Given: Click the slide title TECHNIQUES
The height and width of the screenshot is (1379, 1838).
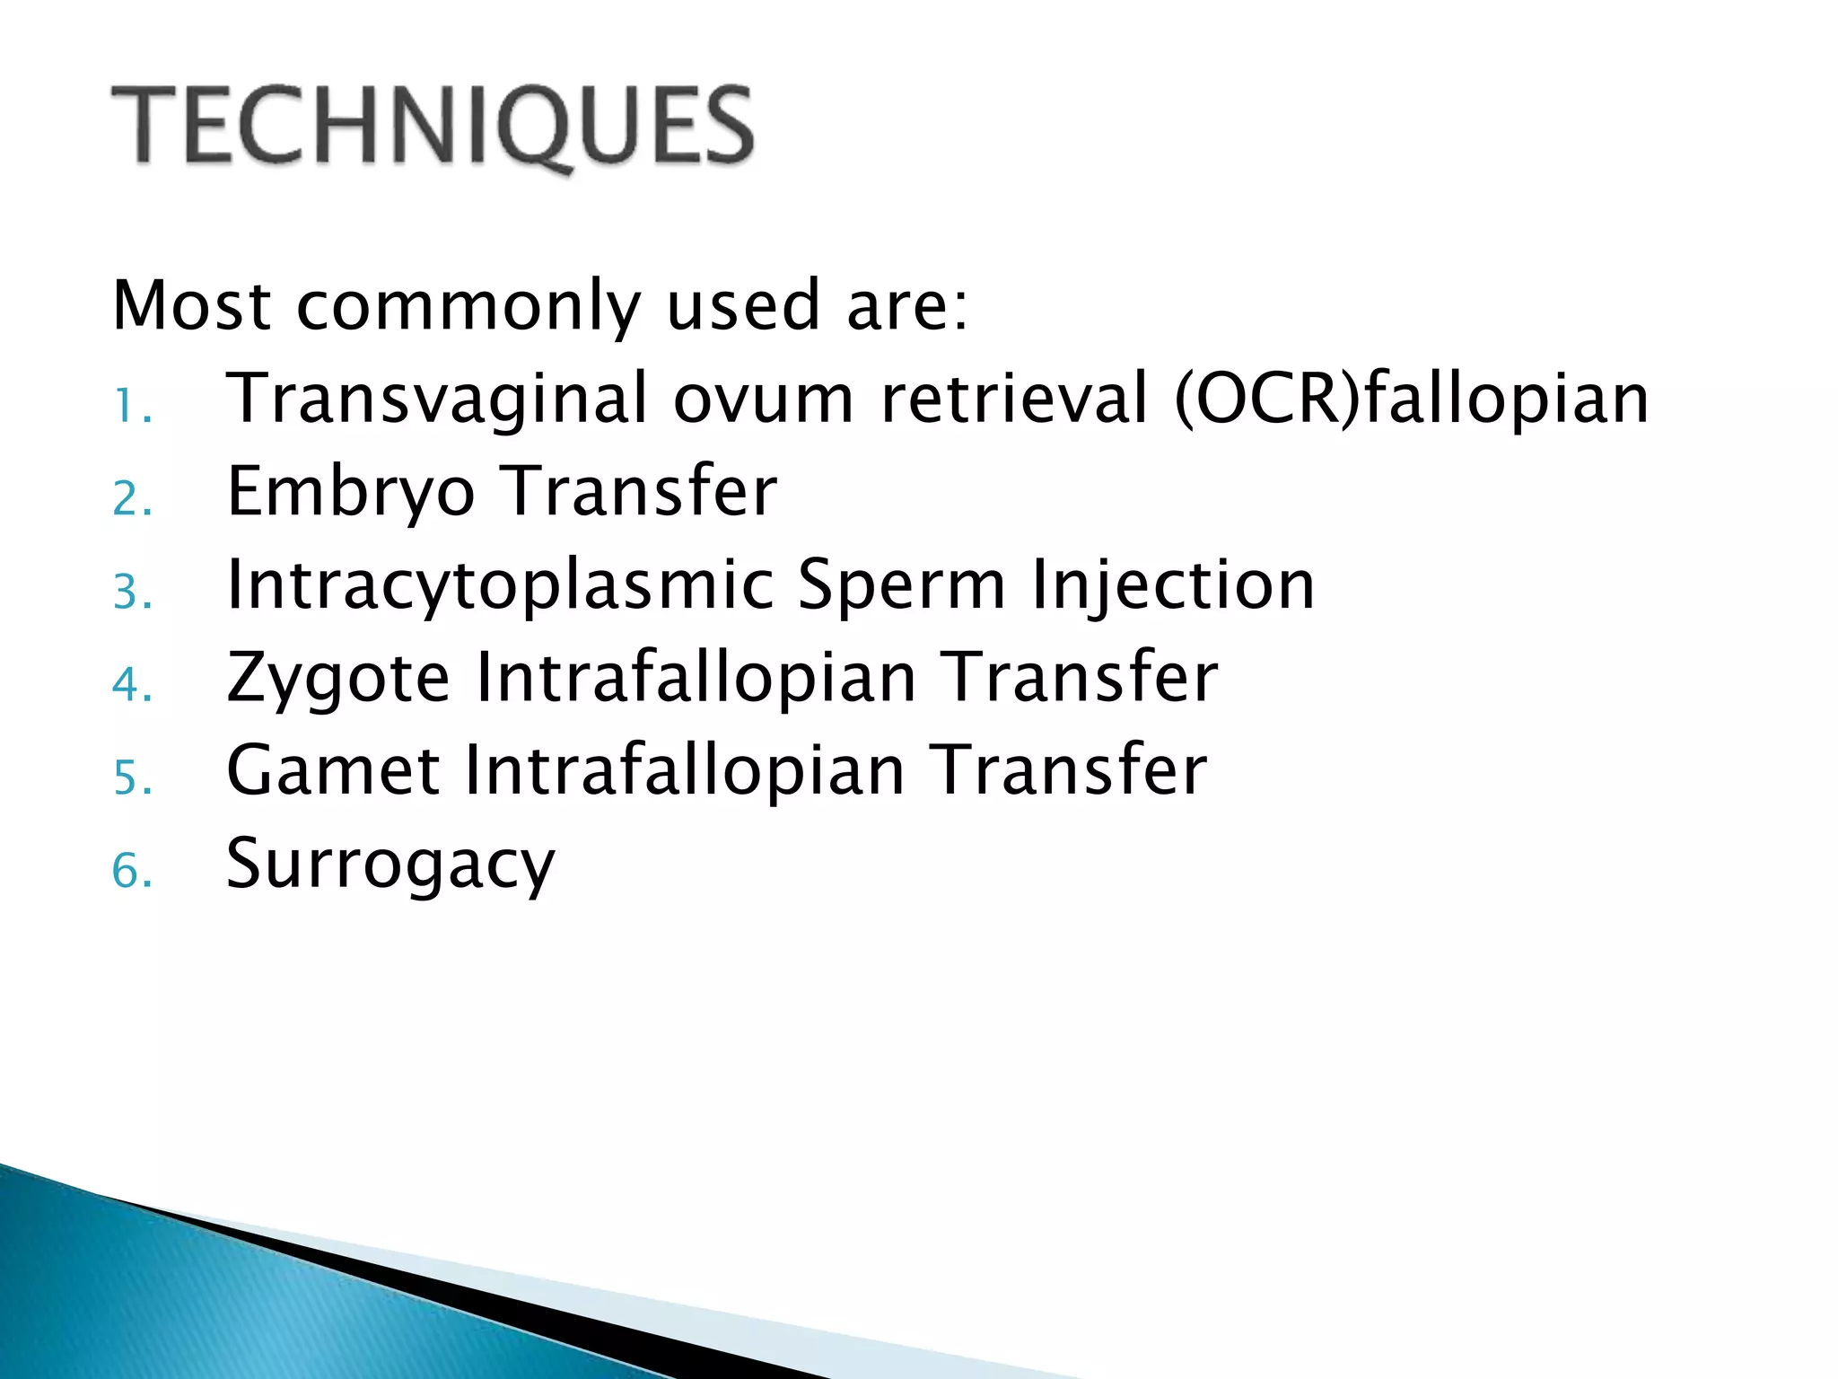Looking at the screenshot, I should click(433, 126).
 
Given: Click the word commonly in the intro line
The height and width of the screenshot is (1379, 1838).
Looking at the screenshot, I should click(468, 306).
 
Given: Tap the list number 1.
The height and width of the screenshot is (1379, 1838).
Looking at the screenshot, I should click(131, 408).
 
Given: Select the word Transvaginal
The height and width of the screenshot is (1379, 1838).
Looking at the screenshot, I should click(437, 400).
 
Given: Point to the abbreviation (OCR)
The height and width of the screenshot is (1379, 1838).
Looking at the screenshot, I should click(1266, 400).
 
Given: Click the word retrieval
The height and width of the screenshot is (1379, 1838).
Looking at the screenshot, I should click(1015, 400).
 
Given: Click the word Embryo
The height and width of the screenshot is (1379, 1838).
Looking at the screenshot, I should click(351, 494).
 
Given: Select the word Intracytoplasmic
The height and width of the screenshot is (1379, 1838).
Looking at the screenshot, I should click(501, 585).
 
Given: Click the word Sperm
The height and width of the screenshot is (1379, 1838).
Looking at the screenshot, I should click(902, 585).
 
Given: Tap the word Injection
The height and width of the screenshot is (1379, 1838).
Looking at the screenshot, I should click(1172, 585).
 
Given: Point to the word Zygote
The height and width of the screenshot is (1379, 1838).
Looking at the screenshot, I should click(337, 679).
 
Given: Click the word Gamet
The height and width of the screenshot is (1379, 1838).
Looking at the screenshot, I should click(333, 771).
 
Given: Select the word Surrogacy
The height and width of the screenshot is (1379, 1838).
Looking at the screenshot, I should click(390, 865).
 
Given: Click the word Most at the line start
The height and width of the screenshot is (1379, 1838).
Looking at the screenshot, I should click(191, 306).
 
